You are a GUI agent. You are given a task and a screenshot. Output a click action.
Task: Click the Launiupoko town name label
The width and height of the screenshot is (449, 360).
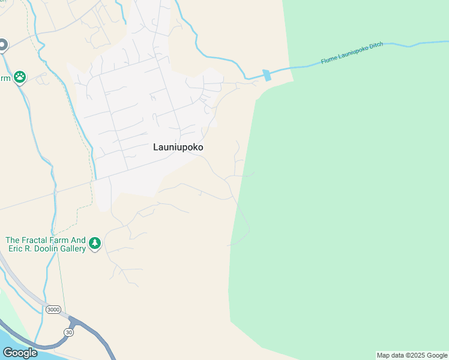[178, 147]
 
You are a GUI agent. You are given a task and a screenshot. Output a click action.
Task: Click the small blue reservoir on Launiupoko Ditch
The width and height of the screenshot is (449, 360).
[267, 75]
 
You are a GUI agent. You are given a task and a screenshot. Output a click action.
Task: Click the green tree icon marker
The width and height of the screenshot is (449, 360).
[94, 244]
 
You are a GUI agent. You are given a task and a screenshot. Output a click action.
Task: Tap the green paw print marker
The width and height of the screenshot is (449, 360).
[20, 77]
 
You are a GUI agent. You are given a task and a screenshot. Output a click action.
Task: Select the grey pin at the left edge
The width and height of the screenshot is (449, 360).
[2, 45]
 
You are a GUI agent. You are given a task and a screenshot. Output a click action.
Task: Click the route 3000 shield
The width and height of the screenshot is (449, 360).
[53, 309]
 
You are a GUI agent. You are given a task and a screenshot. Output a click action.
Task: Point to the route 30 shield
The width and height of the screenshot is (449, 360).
[69, 332]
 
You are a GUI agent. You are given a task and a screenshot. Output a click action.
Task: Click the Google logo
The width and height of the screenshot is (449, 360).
[20, 353]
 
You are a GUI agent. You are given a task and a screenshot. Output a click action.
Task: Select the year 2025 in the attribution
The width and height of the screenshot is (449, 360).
[417, 355]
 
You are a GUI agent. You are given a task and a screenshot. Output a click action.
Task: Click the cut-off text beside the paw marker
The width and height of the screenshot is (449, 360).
[5, 79]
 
